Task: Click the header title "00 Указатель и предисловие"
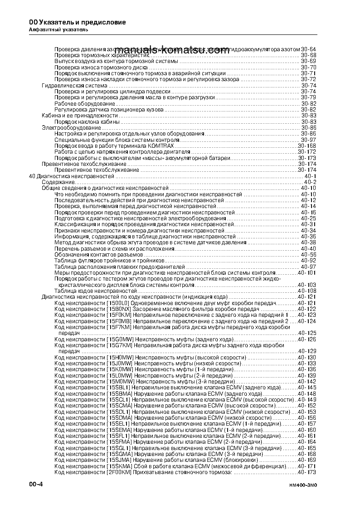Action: pos(71,22)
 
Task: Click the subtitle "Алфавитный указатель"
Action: pos(55,30)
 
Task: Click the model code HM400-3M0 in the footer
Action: pos(302,485)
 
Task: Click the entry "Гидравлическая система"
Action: pos(74,85)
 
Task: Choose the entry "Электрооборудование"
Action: pos(71,128)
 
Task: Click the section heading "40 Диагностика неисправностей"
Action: pos(71,175)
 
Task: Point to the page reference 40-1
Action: pos(311,175)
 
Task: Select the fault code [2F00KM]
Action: pos(119,472)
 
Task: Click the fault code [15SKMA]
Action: pos(119,466)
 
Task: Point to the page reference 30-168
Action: pos(307,146)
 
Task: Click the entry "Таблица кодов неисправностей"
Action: pos(95,291)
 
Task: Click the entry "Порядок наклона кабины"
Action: pos(87,121)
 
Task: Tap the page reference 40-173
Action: pos(307,472)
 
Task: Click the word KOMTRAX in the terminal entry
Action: pos(160,146)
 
